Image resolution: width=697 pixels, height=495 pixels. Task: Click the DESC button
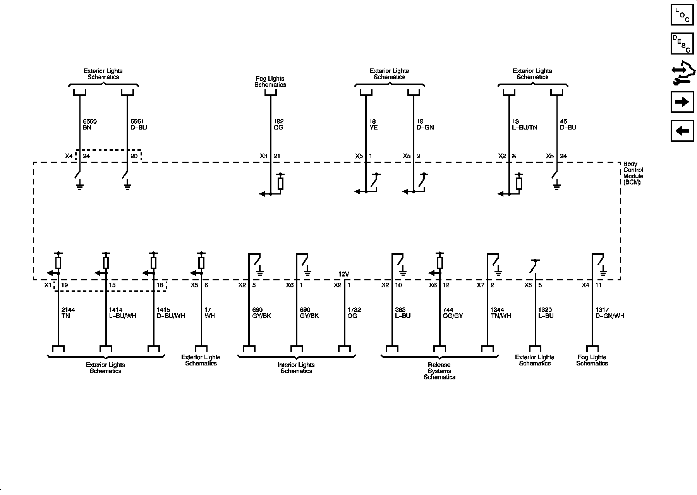pyautogui.click(x=682, y=44)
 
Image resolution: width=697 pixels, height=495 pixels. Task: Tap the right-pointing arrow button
pyautogui.click(x=682, y=102)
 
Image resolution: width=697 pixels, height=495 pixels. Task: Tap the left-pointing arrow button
pyautogui.click(x=682, y=131)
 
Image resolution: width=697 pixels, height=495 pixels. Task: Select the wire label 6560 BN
pyautogui.click(x=89, y=125)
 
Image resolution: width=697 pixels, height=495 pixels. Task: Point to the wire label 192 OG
pyautogui.click(x=278, y=125)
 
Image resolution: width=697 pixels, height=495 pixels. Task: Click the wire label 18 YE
pyautogui.click(x=373, y=125)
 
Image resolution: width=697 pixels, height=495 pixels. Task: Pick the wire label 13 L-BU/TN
pyautogui.click(x=525, y=125)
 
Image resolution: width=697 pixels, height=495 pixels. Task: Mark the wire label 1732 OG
pyautogui.click(x=354, y=313)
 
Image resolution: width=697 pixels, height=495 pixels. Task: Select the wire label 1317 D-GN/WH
pyautogui.click(x=610, y=313)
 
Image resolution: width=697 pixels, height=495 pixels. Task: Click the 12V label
pyautogui.click(x=344, y=274)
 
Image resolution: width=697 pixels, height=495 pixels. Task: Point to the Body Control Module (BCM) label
pyautogui.click(x=633, y=173)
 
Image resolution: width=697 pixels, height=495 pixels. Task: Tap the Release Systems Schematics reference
pyautogui.click(x=439, y=371)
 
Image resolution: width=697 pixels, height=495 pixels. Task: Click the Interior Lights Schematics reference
pyautogui.click(x=296, y=368)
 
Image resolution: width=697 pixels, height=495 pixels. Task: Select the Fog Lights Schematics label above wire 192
pyautogui.click(x=270, y=82)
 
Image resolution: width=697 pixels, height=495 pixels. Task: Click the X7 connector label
pyautogui.click(x=481, y=285)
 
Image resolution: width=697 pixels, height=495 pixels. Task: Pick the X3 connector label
pyautogui.click(x=264, y=156)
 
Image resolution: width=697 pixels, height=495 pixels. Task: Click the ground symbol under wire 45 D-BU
pyautogui.click(x=557, y=187)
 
